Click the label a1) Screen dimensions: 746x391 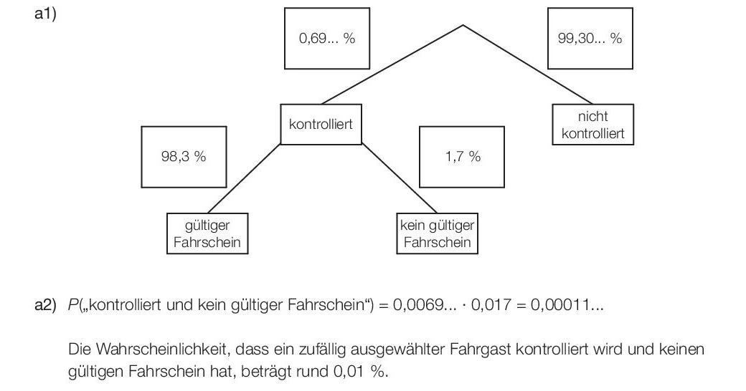point(45,14)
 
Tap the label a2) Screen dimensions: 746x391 point(45,304)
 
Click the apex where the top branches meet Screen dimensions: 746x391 point(463,25)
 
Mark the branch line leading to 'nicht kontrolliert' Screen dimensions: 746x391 point(528,64)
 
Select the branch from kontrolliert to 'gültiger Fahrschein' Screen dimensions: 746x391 point(244,178)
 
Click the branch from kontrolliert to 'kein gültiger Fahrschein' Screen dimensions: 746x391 point(400,178)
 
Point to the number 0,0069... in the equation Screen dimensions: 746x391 point(425,304)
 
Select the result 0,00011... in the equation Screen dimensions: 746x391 point(567,304)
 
